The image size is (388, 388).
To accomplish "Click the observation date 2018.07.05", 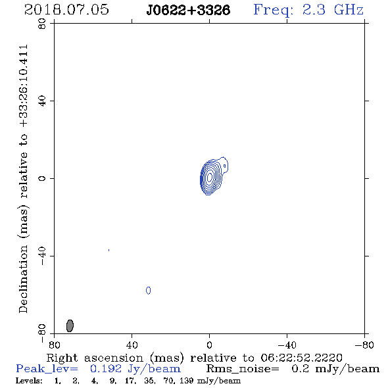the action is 66,10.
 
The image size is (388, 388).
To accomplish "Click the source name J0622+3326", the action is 188,10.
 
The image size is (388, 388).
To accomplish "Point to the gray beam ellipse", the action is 70,326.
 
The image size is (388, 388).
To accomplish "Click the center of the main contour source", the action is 210,177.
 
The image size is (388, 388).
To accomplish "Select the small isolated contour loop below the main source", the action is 148,291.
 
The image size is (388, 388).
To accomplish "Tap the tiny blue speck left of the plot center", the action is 109,250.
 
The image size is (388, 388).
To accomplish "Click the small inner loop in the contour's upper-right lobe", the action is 225,166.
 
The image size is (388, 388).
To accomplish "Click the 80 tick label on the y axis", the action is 42,24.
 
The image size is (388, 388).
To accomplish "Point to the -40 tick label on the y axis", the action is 42,256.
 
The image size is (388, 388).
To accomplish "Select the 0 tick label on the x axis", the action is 209,345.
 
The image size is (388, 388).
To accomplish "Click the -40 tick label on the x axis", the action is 287,345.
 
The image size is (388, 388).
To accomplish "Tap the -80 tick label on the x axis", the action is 364,345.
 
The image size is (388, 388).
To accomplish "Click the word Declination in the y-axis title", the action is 23,279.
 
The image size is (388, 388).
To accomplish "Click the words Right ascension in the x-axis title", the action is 95,358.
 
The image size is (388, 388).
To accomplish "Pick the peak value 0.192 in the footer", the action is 106,369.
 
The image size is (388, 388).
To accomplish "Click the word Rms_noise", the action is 243,369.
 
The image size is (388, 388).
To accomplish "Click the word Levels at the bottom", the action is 29,380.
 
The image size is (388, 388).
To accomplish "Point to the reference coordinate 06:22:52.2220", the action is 301,358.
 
